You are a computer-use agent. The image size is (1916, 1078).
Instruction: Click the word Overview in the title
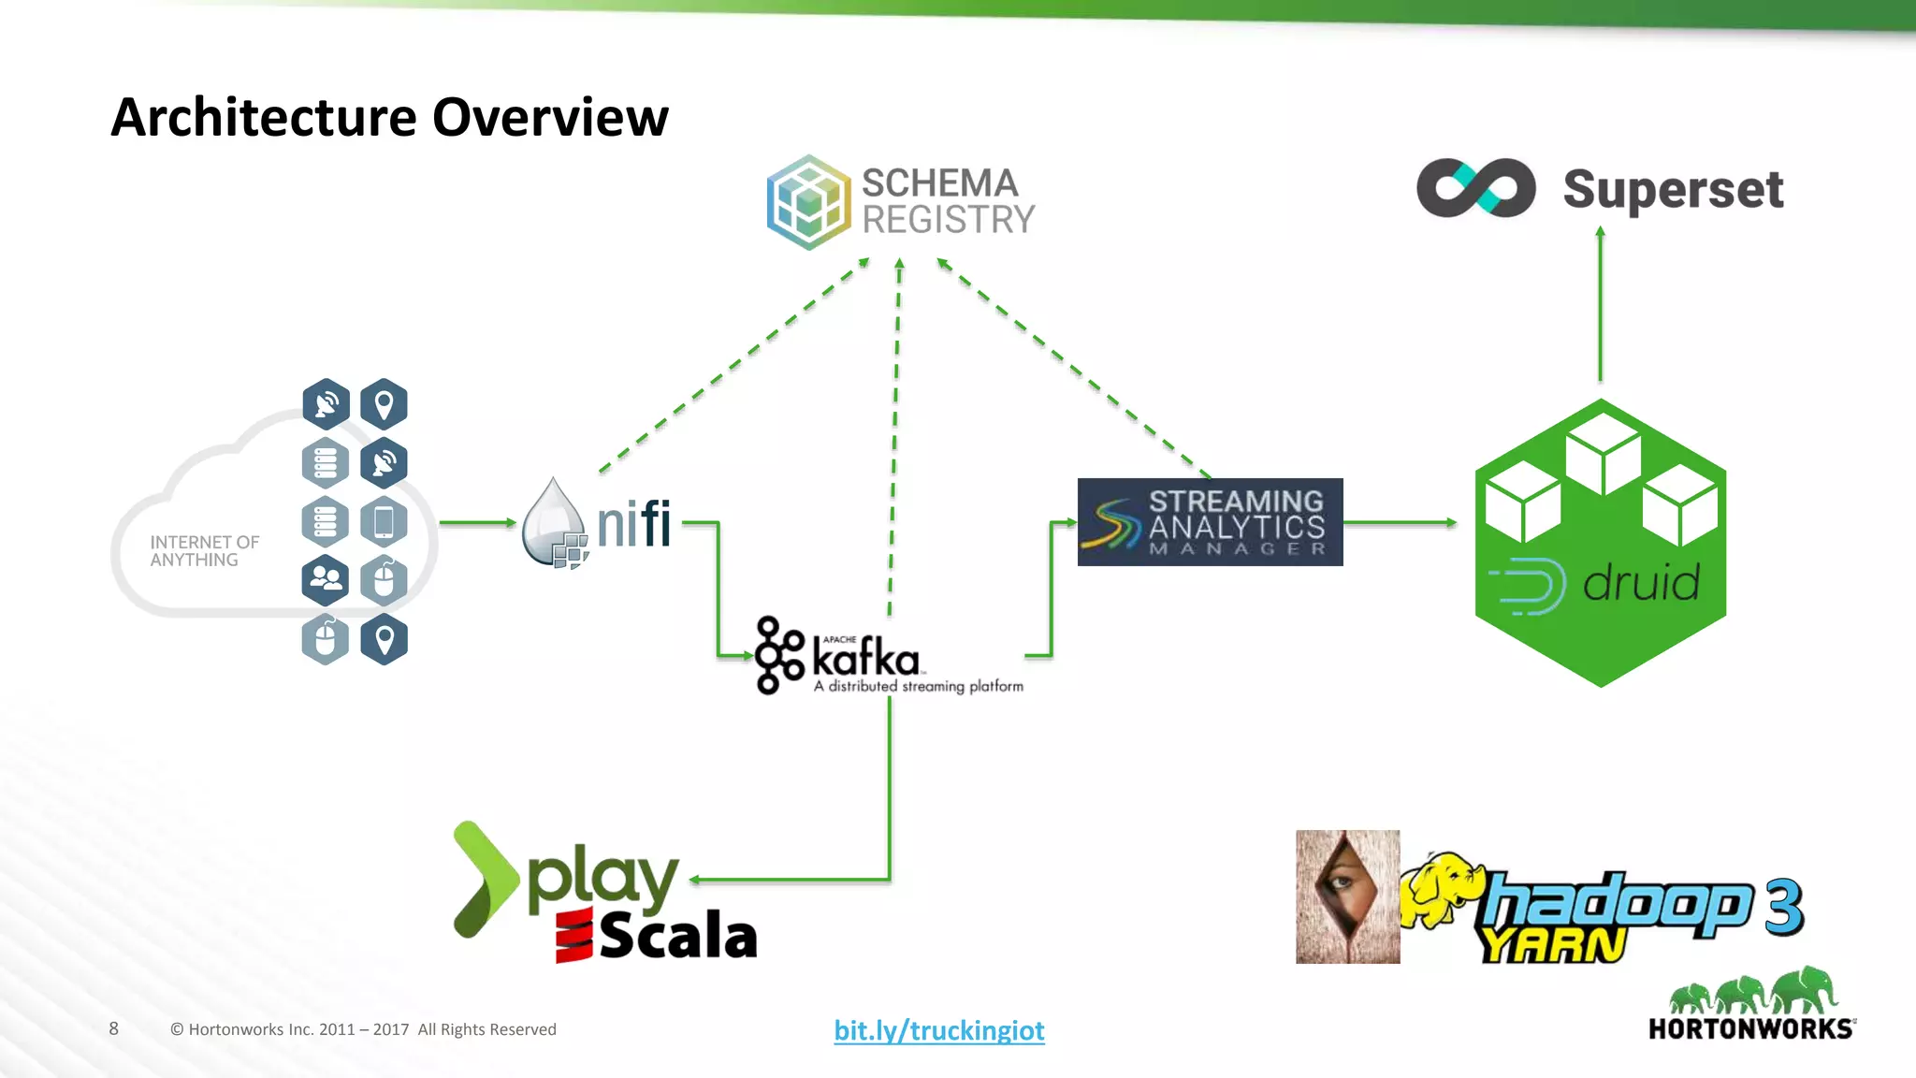(550, 118)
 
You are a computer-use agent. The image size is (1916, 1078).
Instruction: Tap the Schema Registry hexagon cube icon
(808, 202)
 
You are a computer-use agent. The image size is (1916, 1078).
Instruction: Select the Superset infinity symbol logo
(1475, 188)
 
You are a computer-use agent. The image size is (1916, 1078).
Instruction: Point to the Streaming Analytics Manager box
(1210, 522)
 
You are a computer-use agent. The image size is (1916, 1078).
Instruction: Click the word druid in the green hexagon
(1641, 583)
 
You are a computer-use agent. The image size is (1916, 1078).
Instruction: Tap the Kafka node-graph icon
(778, 655)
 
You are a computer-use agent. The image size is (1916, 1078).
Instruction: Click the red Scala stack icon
(573, 936)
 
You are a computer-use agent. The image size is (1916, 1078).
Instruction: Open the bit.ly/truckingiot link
(938, 1030)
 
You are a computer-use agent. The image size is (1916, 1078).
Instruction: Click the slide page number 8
(114, 1028)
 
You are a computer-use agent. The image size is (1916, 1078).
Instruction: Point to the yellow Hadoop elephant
(1441, 889)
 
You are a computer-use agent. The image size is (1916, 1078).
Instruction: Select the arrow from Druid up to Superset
(1600, 304)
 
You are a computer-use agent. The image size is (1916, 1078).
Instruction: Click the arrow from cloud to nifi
(477, 522)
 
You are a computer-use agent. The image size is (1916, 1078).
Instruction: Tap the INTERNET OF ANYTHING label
(204, 551)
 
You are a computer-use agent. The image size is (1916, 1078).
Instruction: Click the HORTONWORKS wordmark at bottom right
(1749, 1029)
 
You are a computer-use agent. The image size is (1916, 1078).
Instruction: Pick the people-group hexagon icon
(326, 580)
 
